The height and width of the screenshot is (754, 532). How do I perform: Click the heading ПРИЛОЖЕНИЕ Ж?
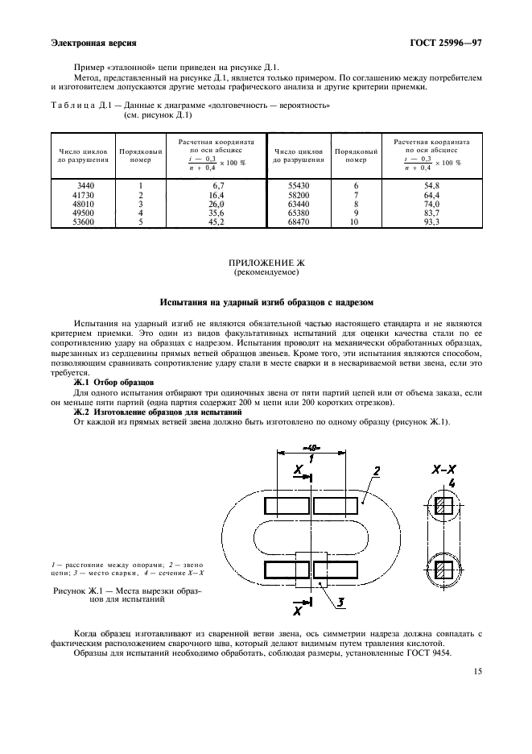[266, 263]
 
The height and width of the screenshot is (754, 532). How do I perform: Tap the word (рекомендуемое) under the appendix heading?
[266, 272]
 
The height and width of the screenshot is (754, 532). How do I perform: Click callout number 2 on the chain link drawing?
[377, 470]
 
